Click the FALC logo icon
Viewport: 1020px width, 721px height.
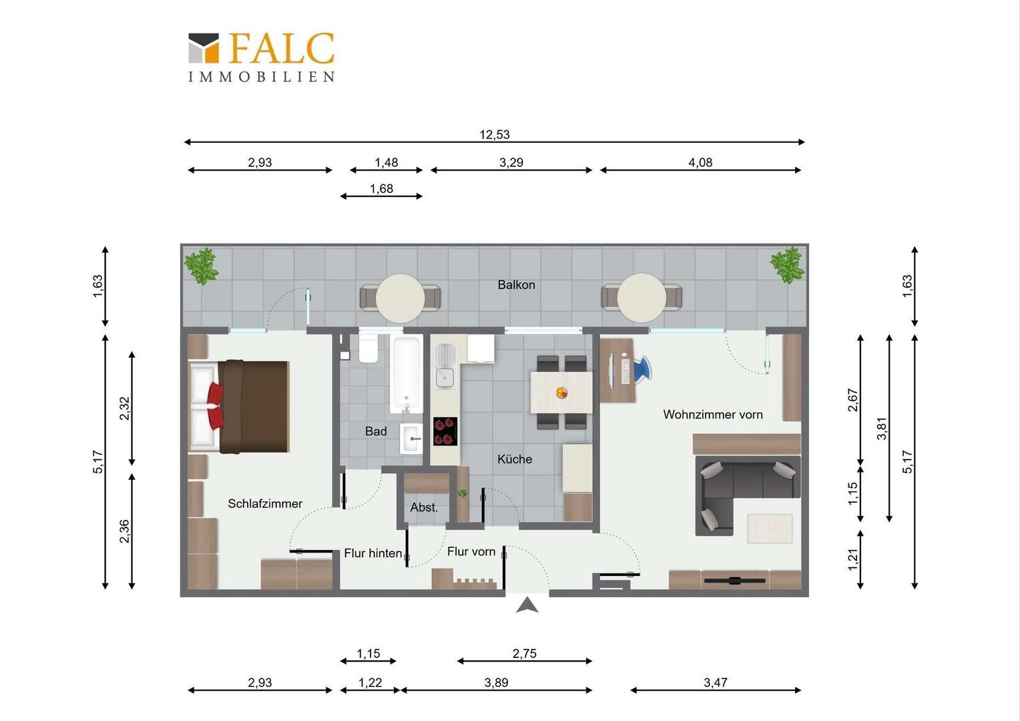pyautogui.click(x=204, y=48)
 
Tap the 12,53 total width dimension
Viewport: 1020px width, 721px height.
pyautogui.click(x=495, y=135)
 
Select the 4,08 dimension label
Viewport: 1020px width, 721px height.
pyautogui.click(x=700, y=163)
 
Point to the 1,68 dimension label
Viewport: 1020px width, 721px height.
pyautogui.click(x=381, y=188)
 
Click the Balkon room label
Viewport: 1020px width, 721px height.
pyautogui.click(x=517, y=284)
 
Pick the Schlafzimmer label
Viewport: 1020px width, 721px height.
pyautogui.click(x=265, y=504)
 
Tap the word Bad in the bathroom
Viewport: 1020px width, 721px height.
pyautogui.click(x=376, y=431)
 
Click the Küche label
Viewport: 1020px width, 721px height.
pyautogui.click(x=515, y=459)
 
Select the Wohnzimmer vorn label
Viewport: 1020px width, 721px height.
pyautogui.click(x=713, y=415)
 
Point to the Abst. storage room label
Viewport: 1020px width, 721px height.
pyautogui.click(x=424, y=507)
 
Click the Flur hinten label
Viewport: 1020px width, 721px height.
pyautogui.click(x=373, y=553)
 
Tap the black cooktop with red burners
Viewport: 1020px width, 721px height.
pyautogui.click(x=445, y=431)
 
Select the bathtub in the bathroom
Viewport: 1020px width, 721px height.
pyautogui.click(x=406, y=375)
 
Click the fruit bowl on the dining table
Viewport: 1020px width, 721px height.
pyautogui.click(x=562, y=392)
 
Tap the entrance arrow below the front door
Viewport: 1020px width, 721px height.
pyautogui.click(x=527, y=605)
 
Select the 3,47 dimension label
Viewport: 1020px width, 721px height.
pyautogui.click(x=716, y=683)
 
